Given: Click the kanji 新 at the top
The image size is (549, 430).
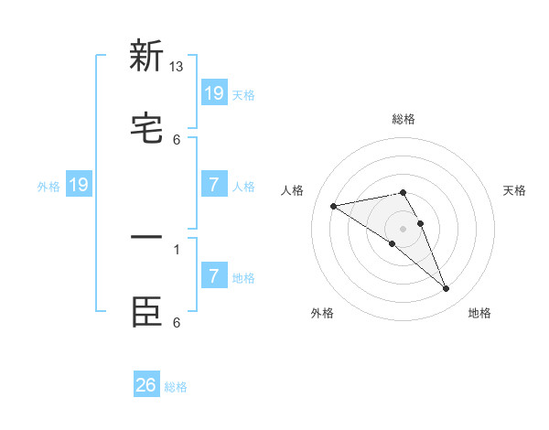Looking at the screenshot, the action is click(146, 56).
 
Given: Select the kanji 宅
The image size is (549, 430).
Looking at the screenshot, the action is click(146, 130).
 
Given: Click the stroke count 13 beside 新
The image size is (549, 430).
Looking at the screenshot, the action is click(177, 66).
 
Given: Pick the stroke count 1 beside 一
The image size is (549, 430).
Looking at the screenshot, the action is click(177, 248).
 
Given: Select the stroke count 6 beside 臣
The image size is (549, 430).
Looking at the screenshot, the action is click(177, 322).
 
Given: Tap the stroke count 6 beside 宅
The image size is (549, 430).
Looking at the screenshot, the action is click(177, 139).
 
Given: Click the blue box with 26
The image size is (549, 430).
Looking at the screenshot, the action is click(146, 385).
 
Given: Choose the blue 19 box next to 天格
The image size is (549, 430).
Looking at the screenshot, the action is click(214, 92).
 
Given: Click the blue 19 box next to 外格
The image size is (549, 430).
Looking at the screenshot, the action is click(79, 185).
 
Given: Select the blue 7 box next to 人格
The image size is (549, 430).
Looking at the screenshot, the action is click(214, 185).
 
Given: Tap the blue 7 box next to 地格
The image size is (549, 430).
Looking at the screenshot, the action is click(214, 275).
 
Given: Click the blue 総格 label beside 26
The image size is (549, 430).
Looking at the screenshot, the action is click(176, 387).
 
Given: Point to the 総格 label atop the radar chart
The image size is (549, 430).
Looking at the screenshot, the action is click(404, 119).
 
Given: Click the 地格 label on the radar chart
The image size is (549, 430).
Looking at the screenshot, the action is click(479, 314).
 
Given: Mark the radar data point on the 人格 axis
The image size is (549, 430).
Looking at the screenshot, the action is click(333, 206).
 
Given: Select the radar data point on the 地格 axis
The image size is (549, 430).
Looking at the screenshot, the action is click(447, 289).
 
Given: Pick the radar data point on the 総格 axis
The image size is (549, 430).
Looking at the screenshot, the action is click(404, 192).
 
